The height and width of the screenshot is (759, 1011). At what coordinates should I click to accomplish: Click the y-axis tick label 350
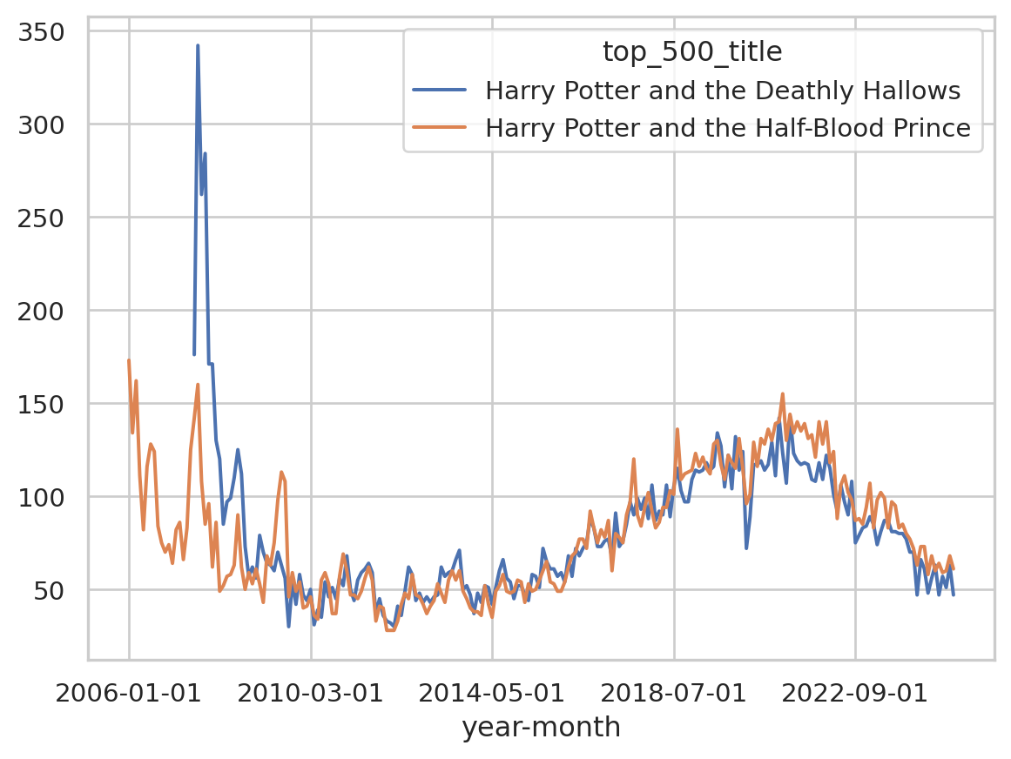(x=51, y=32)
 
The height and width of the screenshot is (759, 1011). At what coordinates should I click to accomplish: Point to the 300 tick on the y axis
(x=51, y=125)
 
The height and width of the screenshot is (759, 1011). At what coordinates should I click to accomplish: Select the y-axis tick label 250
(x=51, y=218)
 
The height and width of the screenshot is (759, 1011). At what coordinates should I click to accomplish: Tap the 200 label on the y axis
(x=51, y=311)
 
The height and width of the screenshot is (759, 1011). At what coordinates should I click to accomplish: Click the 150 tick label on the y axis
(x=51, y=404)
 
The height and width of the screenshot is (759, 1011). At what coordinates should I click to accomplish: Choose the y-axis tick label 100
(x=51, y=497)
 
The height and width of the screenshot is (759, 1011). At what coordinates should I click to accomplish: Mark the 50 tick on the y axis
(x=57, y=590)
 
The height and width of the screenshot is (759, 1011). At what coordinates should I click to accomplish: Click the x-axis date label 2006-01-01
(x=129, y=694)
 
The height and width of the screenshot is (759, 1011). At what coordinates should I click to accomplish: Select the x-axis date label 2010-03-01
(x=311, y=694)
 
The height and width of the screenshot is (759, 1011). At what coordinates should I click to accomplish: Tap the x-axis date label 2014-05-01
(x=492, y=694)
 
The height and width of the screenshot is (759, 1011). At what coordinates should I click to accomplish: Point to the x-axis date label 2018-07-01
(x=674, y=694)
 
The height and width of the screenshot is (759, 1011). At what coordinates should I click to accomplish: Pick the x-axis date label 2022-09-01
(x=855, y=694)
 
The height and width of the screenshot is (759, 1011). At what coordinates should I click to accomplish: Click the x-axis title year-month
(x=541, y=728)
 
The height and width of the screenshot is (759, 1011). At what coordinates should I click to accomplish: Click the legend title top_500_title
(x=692, y=53)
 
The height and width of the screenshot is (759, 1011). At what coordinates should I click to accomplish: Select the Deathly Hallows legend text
(x=723, y=91)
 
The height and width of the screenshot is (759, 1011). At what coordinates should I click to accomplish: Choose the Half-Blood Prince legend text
(x=728, y=128)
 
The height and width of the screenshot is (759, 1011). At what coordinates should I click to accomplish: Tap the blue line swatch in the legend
(x=441, y=91)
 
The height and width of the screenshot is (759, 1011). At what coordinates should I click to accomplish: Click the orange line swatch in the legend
(x=441, y=128)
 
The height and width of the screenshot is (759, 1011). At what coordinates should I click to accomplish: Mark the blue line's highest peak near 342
(x=198, y=45)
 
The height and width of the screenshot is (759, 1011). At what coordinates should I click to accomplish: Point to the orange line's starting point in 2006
(x=129, y=360)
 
